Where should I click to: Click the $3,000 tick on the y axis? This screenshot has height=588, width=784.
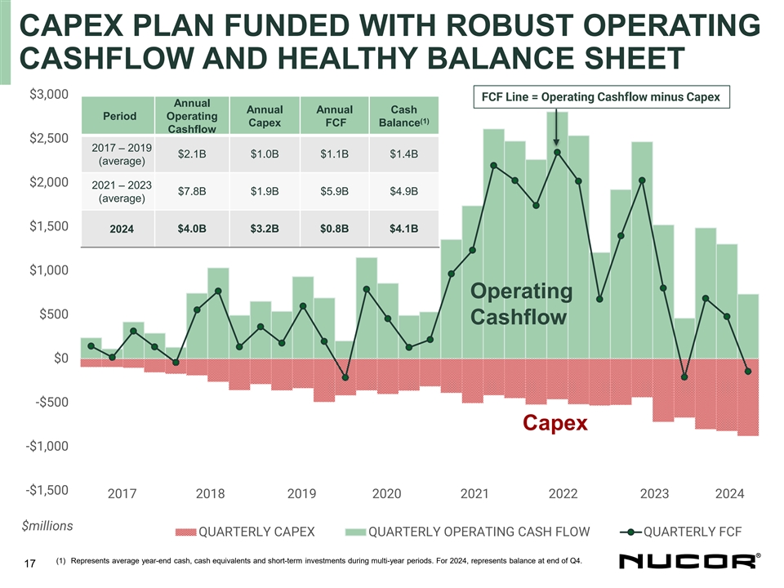[48, 95]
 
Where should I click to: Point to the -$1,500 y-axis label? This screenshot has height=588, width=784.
[46, 490]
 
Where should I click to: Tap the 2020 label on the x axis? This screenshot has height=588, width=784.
[386, 493]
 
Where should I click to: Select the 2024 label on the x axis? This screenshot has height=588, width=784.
[729, 493]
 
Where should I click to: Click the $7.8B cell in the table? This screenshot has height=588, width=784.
[192, 191]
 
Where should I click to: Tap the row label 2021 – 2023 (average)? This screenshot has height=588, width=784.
[122, 191]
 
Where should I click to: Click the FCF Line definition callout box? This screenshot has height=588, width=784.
[600, 97]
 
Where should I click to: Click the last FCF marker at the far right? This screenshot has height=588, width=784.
[748, 372]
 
